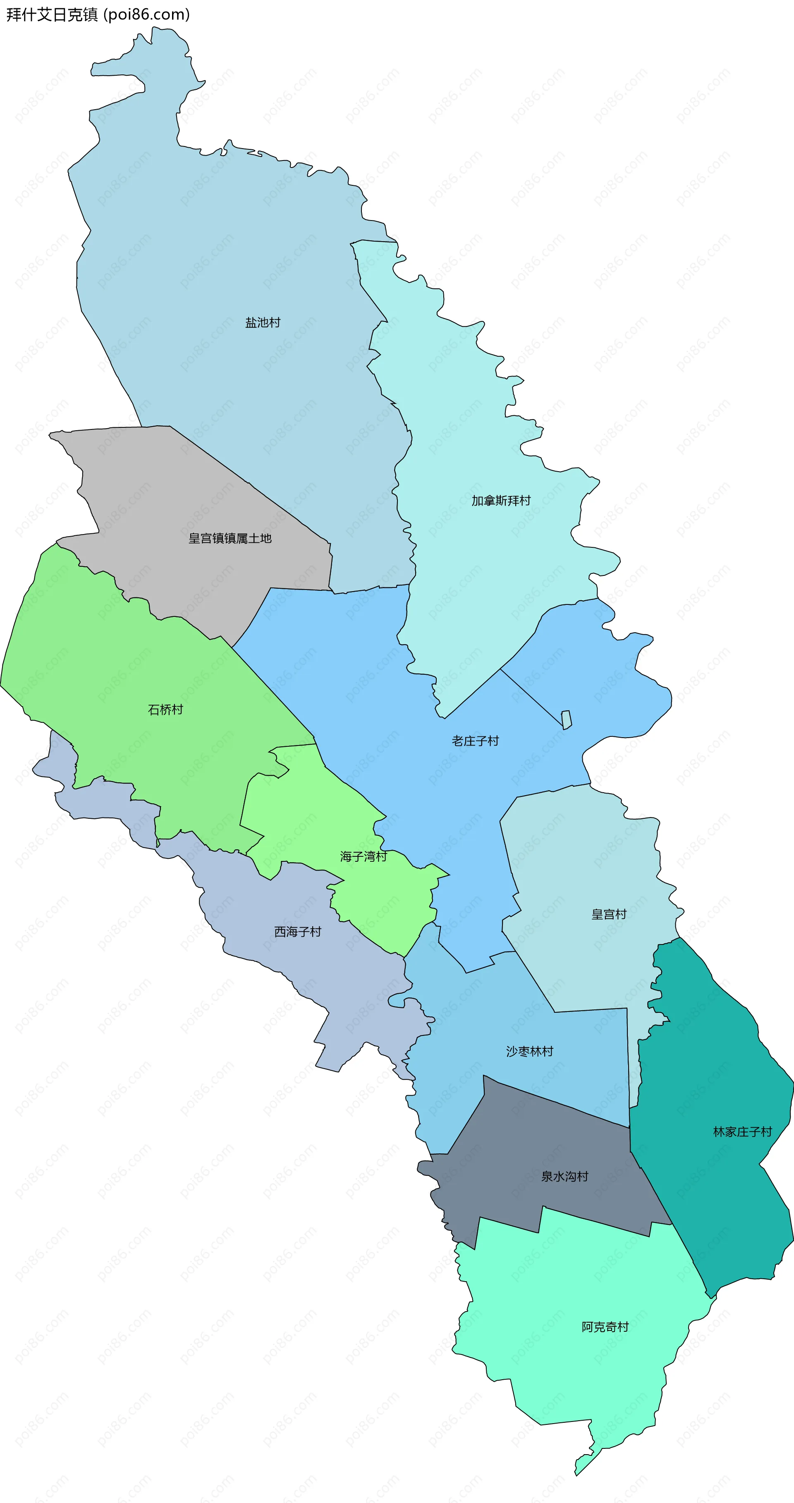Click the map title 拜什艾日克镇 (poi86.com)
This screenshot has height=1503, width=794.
click(98, 14)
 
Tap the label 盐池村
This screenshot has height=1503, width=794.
click(263, 323)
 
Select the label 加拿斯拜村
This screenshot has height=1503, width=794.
click(501, 501)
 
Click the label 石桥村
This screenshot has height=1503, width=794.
click(166, 710)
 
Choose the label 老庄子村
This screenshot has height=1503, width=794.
click(476, 741)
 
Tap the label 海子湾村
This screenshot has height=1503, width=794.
click(364, 856)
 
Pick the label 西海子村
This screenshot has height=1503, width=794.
click(297, 932)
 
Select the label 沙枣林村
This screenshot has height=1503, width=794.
click(529, 1051)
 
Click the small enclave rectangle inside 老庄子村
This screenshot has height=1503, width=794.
click(566, 719)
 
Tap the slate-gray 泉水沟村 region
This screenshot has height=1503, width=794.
click(525, 1138)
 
